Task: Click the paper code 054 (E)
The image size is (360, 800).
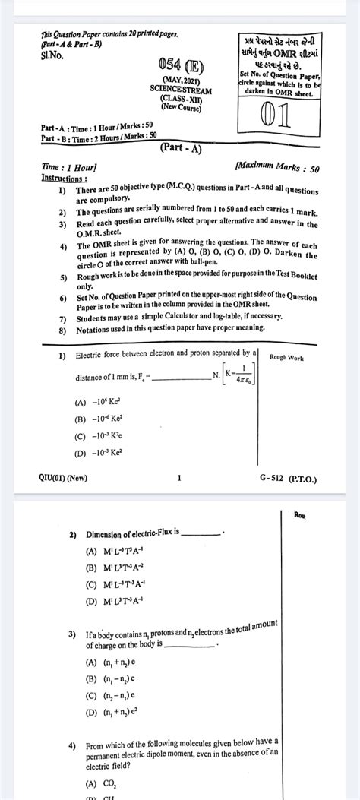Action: [x=180, y=65]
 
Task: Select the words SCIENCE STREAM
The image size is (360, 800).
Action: [x=180, y=89]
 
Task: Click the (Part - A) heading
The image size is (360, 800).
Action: [x=181, y=149]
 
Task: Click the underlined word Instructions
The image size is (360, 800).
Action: [x=64, y=178]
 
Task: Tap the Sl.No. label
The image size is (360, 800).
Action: [x=53, y=55]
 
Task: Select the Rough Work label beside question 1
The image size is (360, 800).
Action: [x=286, y=357]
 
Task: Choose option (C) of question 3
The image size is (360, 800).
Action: [x=111, y=694]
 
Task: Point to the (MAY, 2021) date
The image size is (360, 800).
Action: [x=180, y=80]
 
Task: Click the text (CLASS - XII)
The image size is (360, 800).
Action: [x=180, y=98]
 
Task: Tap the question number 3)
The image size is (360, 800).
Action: [x=71, y=633]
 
